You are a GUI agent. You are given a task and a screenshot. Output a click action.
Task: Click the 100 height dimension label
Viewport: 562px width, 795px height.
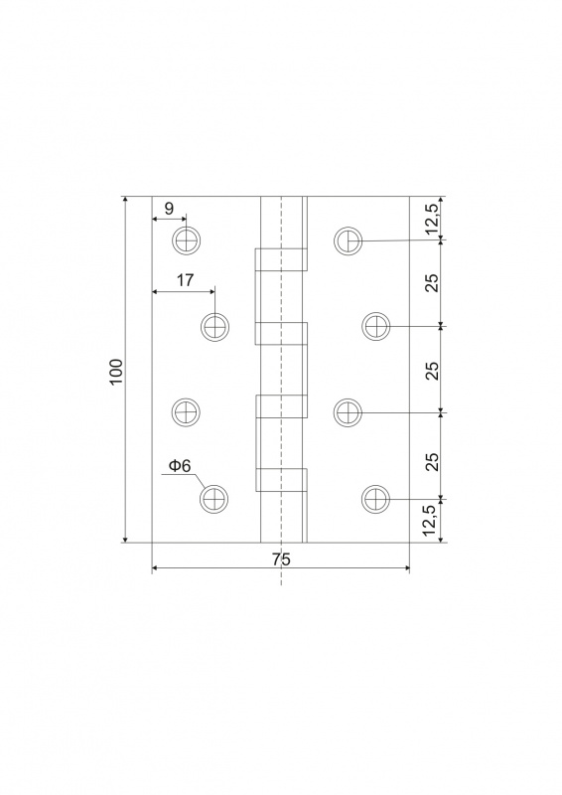[x=116, y=371]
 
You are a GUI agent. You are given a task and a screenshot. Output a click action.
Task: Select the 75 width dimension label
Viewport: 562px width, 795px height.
[x=280, y=559]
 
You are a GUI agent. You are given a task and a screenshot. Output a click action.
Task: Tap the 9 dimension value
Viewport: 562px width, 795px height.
[x=169, y=209]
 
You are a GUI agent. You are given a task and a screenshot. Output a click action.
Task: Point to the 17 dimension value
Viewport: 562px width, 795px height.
[x=186, y=280]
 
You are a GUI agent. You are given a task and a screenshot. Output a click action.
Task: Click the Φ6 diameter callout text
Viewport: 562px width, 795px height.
[x=180, y=465]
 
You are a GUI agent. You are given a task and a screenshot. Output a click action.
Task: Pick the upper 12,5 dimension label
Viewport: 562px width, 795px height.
[x=432, y=217]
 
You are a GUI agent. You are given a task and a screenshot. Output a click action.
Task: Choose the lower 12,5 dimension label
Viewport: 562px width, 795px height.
[x=432, y=521]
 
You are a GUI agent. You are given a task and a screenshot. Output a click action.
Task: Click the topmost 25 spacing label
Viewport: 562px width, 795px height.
[x=432, y=282]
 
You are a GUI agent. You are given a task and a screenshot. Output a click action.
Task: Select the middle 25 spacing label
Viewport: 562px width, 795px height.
[x=432, y=371]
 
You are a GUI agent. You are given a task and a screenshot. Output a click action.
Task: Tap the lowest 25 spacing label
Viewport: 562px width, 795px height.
[x=432, y=461]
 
